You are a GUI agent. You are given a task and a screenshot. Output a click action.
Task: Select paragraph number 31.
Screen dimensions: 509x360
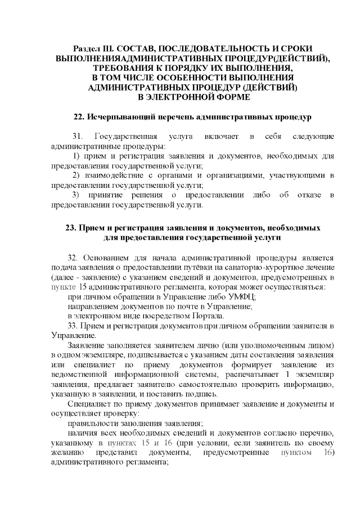coord(78,137)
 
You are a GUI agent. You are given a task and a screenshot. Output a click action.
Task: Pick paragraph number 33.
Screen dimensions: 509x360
coord(74,326)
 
